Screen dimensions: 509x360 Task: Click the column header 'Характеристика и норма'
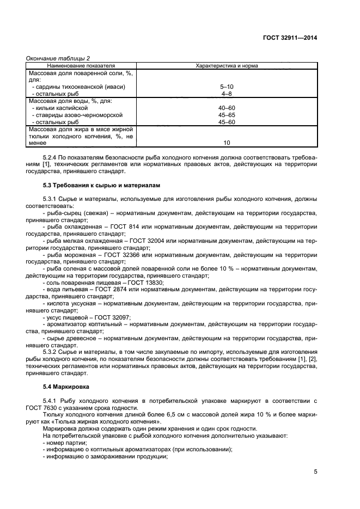tap(227, 65)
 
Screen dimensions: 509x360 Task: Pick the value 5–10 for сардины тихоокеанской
tap(227, 87)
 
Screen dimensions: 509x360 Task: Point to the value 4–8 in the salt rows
tap(227, 94)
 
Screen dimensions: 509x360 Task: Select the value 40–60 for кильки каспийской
tap(227, 108)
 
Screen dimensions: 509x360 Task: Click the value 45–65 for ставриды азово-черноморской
tap(227, 115)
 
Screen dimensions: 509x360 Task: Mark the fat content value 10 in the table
tap(227, 143)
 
